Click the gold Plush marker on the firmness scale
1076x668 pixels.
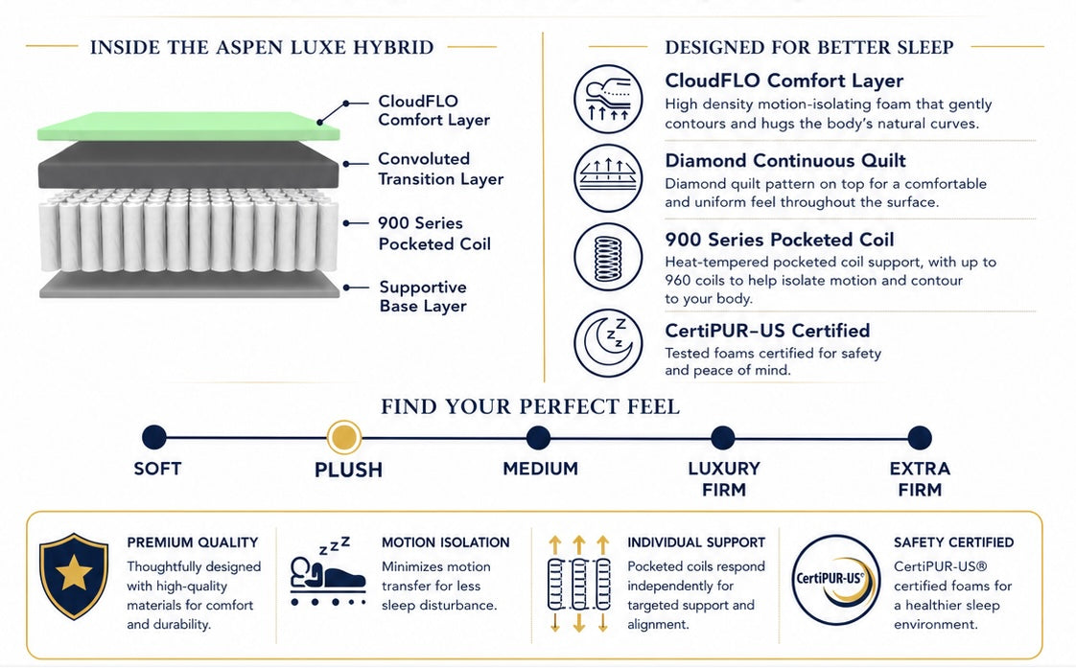[343, 437]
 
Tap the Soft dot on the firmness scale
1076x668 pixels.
[154, 437]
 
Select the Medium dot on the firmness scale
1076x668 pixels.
[538, 438]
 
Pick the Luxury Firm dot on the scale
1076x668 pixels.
[722, 438]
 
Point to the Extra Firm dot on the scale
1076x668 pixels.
[920, 438]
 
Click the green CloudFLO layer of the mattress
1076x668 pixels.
[188, 127]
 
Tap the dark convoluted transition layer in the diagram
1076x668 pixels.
[188, 165]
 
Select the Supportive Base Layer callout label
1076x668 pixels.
[423, 296]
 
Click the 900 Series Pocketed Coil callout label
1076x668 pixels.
[434, 233]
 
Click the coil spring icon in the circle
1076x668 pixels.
[608, 257]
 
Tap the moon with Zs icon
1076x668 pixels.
[608, 343]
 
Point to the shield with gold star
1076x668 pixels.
[74, 576]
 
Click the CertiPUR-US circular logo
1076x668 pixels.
[836, 580]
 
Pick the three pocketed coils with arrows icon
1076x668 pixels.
[578, 584]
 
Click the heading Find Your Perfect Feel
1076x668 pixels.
[530, 406]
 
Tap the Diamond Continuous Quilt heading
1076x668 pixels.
[785, 160]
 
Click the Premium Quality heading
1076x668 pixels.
[192, 542]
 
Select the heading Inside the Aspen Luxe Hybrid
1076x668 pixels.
[262, 47]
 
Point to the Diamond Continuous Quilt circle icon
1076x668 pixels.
[608, 177]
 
